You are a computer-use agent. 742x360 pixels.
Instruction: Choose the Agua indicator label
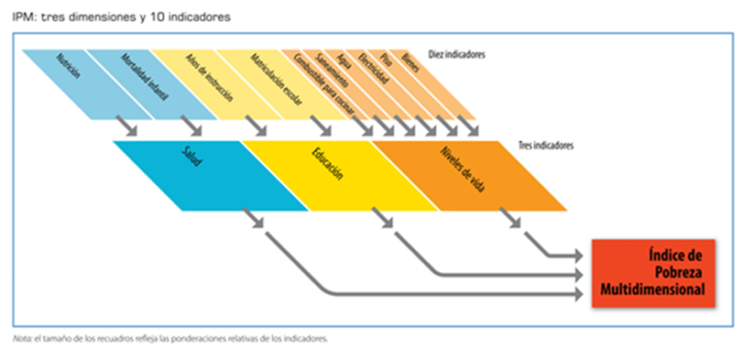(345, 64)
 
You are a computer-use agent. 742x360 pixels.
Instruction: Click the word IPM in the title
(23, 16)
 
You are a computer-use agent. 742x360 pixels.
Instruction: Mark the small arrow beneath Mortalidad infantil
(192, 126)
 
